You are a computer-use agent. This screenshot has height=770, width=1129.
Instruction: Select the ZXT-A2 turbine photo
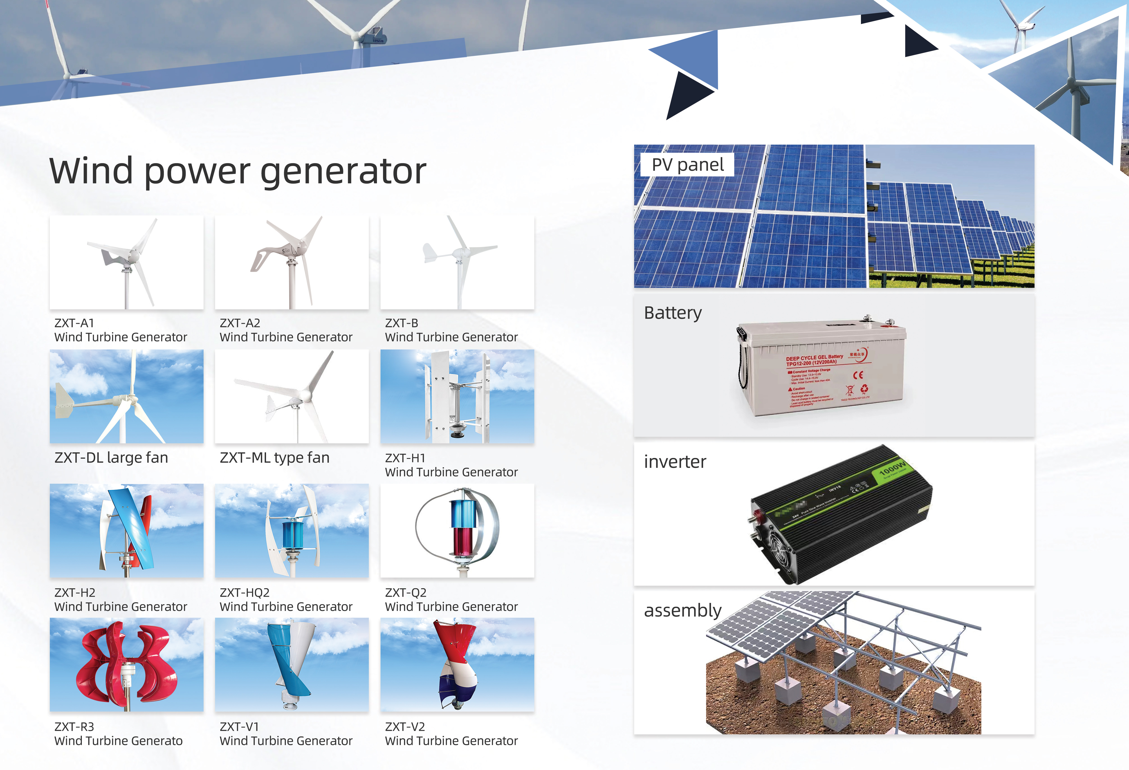(x=291, y=263)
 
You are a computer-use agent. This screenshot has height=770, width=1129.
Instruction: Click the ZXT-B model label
(x=401, y=323)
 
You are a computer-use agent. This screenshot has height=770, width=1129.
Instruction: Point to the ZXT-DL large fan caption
(x=111, y=458)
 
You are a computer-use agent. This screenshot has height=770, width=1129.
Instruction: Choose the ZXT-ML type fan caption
(x=275, y=458)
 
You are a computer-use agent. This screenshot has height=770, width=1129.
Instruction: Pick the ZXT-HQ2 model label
(x=244, y=593)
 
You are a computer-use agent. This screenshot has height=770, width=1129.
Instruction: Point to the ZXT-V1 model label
(x=239, y=727)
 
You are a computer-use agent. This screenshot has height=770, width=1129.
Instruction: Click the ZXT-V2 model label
(x=405, y=727)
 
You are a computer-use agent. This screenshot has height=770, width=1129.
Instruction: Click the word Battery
(x=673, y=312)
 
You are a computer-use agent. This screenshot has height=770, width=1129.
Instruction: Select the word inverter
(x=675, y=461)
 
